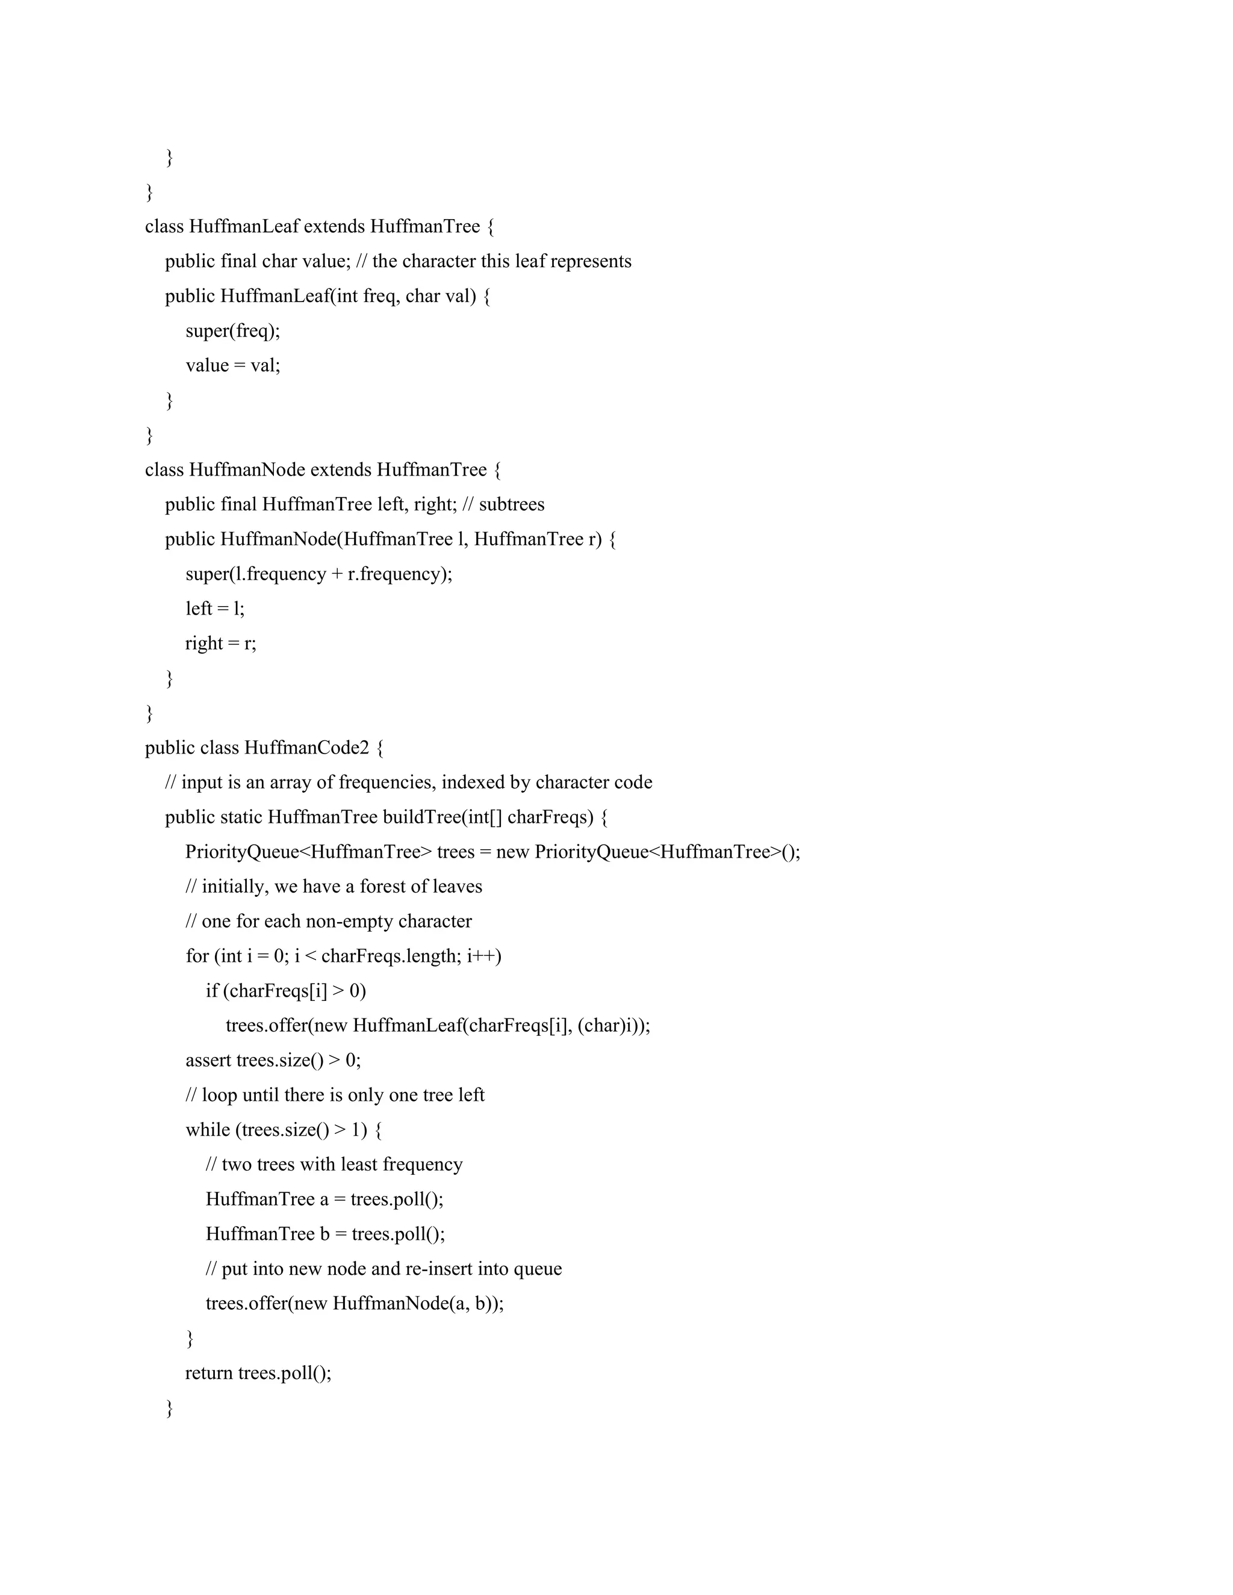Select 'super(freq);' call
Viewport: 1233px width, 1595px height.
tap(232, 331)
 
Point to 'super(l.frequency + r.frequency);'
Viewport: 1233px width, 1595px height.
tap(318, 574)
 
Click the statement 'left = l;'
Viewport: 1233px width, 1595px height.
tap(215, 609)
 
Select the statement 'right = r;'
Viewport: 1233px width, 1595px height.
tap(220, 643)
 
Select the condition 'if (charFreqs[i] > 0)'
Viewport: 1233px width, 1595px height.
tap(285, 991)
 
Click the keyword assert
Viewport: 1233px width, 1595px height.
tap(208, 1061)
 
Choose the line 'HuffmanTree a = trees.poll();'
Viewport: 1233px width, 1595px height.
tap(325, 1199)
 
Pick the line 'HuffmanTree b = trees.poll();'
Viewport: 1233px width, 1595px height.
tap(325, 1234)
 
